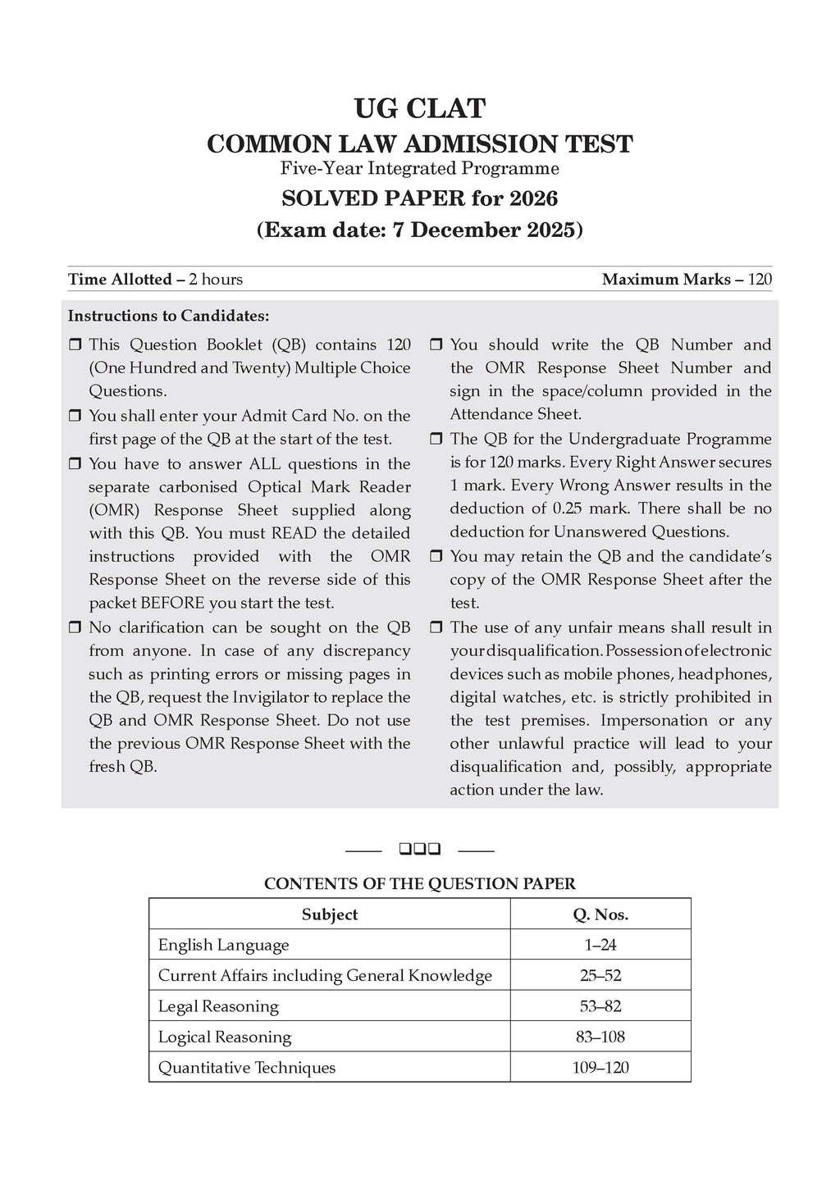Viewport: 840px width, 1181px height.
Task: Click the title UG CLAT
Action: tap(419, 108)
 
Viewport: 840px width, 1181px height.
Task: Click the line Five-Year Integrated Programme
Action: tap(419, 169)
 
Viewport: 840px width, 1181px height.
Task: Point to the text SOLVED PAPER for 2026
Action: tap(419, 198)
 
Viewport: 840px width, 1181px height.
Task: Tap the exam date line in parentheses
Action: tap(419, 230)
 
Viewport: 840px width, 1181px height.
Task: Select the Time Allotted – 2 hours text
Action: tap(155, 280)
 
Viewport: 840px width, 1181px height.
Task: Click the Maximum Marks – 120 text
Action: tap(687, 280)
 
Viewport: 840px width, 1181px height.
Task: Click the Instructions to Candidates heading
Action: tap(168, 316)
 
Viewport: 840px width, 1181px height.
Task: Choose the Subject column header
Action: tap(329, 914)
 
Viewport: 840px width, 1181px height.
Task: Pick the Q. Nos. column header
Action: tap(600, 914)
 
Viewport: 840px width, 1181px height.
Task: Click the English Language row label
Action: tap(224, 945)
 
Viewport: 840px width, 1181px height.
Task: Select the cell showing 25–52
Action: tap(600, 975)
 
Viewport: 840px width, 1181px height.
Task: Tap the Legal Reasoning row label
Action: tap(218, 1006)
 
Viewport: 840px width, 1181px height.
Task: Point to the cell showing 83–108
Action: tap(600, 1037)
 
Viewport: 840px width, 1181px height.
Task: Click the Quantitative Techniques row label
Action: tap(247, 1068)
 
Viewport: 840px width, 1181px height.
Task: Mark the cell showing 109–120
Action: tap(600, 1068)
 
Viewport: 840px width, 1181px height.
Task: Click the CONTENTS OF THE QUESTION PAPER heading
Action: tap(419, 884)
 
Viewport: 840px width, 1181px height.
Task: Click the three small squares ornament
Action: tap(419, 849)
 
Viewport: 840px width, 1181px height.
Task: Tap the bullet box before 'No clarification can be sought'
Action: tap(75, 628)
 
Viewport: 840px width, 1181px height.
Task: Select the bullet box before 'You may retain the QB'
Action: tap(436, 557)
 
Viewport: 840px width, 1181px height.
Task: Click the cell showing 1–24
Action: tap(600, 945)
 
